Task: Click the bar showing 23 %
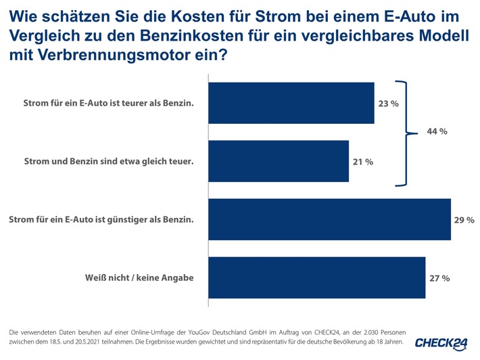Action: click(x=291, y=104)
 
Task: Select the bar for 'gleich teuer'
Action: click(x=279, y=161)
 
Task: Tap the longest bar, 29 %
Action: click(x=330, y=219)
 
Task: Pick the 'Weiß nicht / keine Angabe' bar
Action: click(x=317, y=277)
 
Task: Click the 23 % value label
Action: click(x=388, y=104)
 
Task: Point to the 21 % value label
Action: click(x=362, y=162)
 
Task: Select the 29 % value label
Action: click(x=464, y=220)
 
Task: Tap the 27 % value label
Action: click(x=439, y=278)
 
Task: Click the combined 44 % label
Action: click(x=437, y=131)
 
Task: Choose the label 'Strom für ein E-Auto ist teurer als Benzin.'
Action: click(x=108, y=104)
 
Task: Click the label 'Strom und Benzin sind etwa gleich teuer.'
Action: click(x=109, y=162)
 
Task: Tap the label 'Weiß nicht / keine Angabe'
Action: click(x=139, y=278)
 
